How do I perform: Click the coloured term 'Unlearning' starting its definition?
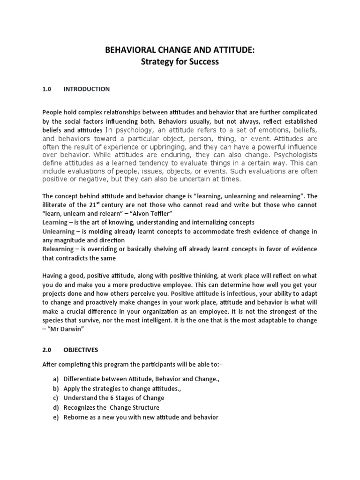pos(59,232)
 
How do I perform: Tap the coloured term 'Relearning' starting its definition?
pos(58,249)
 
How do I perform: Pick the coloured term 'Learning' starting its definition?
pos(55,223)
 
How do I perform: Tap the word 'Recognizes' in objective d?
pos(81,408)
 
